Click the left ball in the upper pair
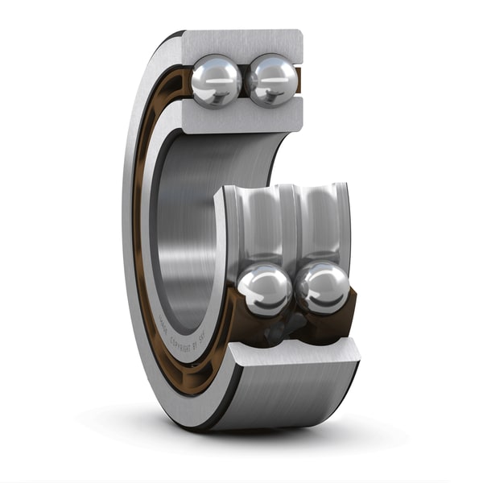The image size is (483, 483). tap(216, 80)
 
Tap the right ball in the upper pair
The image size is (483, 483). tap(272, 80)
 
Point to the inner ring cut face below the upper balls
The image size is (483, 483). tap(242, 118)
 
